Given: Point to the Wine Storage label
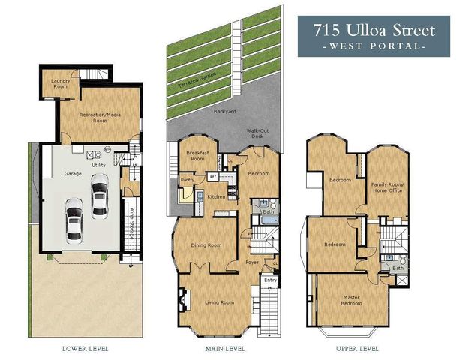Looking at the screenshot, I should pyautogui.click(x=132, y=221).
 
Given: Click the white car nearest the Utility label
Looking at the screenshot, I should pyautogui.click(x=99, y=193).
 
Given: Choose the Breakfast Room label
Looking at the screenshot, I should pyautogui.click(x=197, y=156).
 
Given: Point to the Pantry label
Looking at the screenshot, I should pyautogui.click(x=188, y=180).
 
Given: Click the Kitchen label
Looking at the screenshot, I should pyautogui.click(x=216, y=196).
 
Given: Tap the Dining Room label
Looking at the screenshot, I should pyautogui.click(x=206, y=245).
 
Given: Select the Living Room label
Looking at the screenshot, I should pyautogui.click(x=220, y=302).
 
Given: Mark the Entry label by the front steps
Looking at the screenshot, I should pyautogui.click(x=269, y=280).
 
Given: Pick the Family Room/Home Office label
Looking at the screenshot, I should pyautogui.click(x=387, y=187).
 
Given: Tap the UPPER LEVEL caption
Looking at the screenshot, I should pyautogui.click(x=356, y=349).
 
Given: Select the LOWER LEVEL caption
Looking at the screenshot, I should pyautogui.click(x=85, y=349).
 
